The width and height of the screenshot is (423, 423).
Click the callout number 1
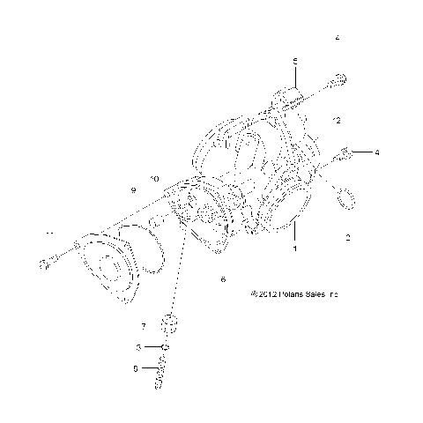point(294,249)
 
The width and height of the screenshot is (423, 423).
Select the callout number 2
point(348,238)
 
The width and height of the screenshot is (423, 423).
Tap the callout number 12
point(337,119)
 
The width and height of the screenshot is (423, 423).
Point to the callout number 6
point(223,279)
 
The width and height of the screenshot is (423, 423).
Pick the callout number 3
point(138,349)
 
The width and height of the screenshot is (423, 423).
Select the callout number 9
point(134,190)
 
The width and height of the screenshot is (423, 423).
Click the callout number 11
point(49,233)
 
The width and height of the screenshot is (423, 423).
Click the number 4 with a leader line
point(377,152)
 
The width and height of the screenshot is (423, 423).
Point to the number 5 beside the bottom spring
point(135,368)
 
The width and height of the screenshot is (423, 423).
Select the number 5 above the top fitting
point(295,59)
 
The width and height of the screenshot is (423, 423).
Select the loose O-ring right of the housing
point(345,198)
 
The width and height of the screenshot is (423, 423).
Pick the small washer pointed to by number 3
point(165,349)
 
